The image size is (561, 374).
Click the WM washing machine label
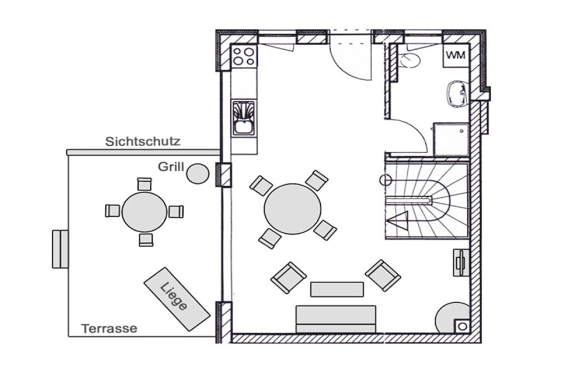tap(456, 55)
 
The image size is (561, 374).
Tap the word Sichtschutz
tap(143, 142)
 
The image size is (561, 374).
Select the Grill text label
tap(171, 166)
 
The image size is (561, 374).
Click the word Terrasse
tap(109, 328)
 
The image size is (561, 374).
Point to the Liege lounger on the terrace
tap(177, 299)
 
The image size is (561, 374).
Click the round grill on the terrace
tap(198, 174)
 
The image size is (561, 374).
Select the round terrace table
tap(144, 212)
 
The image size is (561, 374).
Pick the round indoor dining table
tap(293, 209)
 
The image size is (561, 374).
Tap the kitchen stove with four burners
tap(244, 57)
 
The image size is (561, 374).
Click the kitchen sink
tap(244, 118)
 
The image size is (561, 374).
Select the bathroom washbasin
tap(457, 94)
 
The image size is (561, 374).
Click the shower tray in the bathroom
tap(451, 140)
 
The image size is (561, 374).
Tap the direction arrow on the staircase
tap(397, 221)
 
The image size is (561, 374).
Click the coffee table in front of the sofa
tap(337, 289)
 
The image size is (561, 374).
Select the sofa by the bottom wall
tap(336, 319)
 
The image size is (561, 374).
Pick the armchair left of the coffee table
tap(288, 278)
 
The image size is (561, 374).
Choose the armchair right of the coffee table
tap(383, 275)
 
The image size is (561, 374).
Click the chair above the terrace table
tap(145, 184)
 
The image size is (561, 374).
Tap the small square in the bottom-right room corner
tap(462, 326)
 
